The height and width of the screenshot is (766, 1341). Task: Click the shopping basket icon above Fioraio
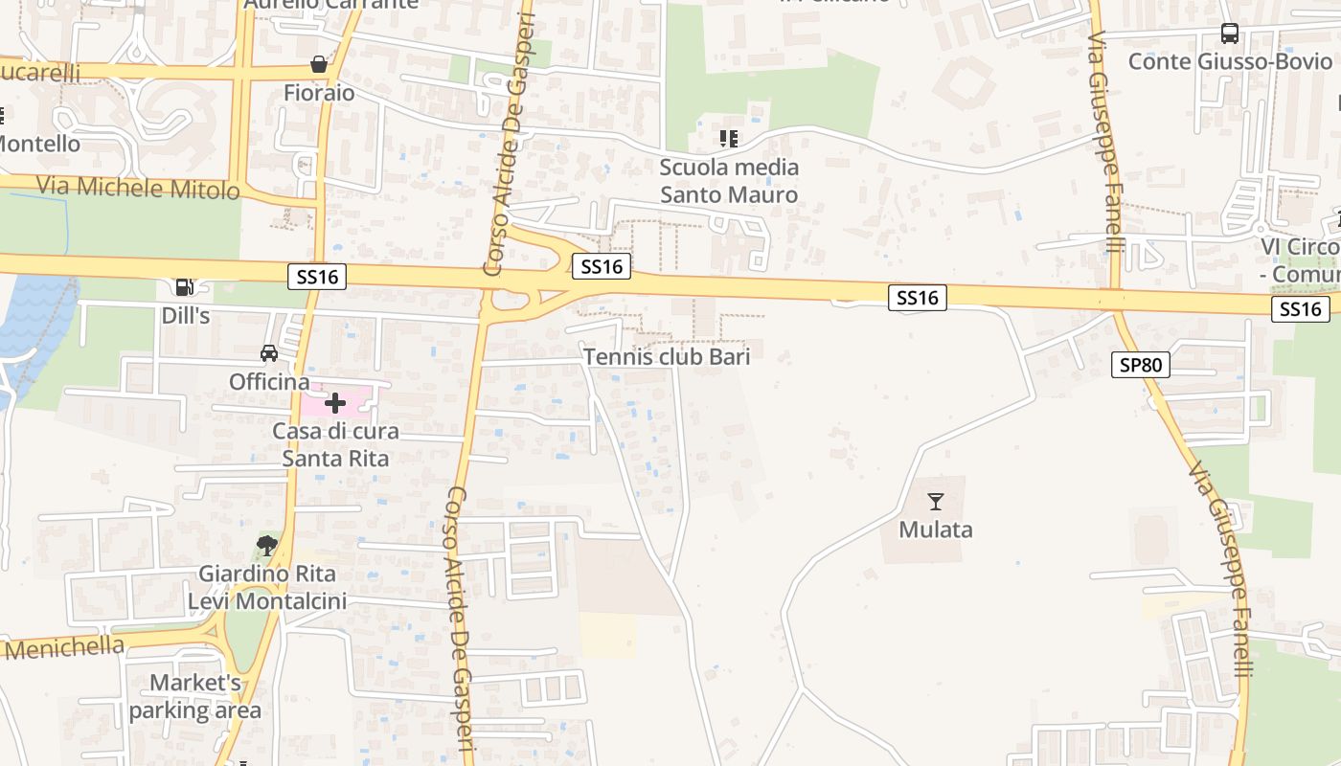(x=318, y=65)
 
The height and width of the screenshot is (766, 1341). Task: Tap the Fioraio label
(x=319, y=93)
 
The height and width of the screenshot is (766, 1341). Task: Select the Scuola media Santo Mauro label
(x=729, y=181)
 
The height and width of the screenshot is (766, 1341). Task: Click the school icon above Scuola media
(x=729, y=139)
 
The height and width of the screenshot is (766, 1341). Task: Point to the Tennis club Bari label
(x=667, y=356)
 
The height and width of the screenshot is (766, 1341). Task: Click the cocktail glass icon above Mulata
(x=936, y=501)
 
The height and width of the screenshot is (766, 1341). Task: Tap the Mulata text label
(x=936, y=529)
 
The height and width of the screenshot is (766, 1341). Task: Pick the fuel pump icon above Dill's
(x=184, y=286)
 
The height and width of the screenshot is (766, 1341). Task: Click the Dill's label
(x=185, y=315)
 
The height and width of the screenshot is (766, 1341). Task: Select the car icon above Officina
(x=269, y=353)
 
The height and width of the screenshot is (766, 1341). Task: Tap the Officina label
(x=269, y=382)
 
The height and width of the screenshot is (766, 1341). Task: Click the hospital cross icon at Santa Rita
(x=335, y=403)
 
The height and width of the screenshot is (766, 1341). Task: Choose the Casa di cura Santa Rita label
(x=335, y=445)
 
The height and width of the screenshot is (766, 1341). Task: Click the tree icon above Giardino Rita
(x=267, y=546)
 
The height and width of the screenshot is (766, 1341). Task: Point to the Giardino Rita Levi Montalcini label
(x=267, y=588)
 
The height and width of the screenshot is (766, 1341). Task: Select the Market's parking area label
(x=195, y=696)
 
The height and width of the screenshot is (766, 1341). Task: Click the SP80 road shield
(x=1141, y=365)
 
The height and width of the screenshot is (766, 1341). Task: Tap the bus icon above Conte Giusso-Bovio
(x=1230, y=34)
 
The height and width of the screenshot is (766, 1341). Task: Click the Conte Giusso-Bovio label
(x=1230, y=61)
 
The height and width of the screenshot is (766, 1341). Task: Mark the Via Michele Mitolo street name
(x=138, y=188)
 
